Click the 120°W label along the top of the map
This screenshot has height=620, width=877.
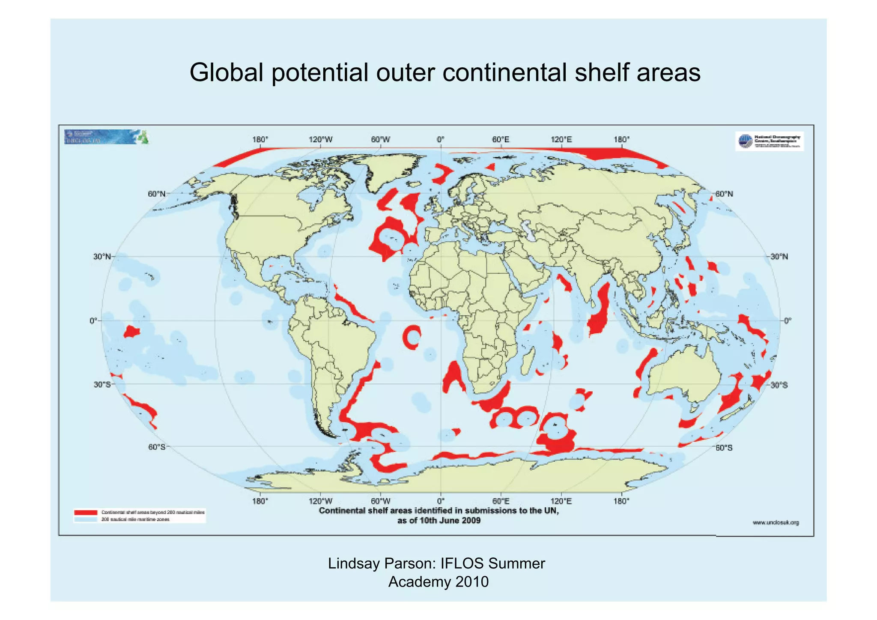point(320,140)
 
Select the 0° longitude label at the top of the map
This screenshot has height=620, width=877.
point(441,140)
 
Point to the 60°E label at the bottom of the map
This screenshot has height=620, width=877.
point(501,501)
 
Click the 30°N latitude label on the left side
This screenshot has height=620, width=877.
point(102,257)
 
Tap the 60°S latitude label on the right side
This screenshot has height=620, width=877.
point(724,448)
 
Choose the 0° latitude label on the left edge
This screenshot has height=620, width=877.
point(93,320)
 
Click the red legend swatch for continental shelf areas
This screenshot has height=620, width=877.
point(85,512)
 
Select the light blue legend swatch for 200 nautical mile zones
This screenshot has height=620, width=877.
point(85,520)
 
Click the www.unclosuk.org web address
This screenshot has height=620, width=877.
point(776,522)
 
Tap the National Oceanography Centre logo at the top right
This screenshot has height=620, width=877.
point(770,141)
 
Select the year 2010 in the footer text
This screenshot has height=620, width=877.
point(472,582)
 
